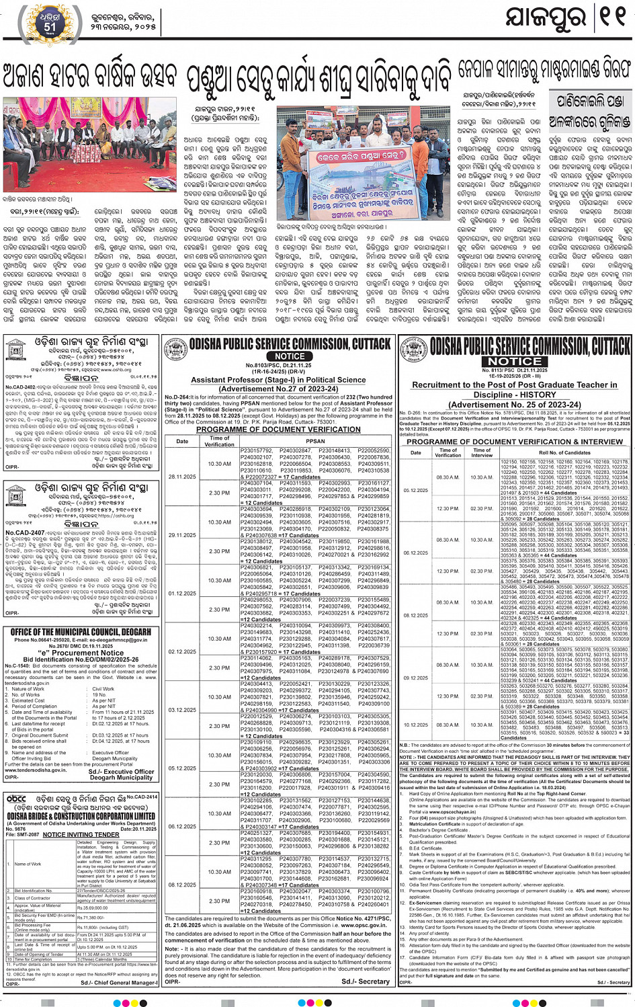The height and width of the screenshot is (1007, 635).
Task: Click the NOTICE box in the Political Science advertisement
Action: pos(290,356)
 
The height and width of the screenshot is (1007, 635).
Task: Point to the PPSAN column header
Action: pos(314,441)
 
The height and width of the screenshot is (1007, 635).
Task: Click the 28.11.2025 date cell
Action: pos(182,477)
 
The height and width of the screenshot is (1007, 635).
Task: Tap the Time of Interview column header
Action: pos(482,452)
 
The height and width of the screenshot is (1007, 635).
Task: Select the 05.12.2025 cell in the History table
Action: pos(416,490)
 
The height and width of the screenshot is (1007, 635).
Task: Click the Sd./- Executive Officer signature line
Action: pos(121,772)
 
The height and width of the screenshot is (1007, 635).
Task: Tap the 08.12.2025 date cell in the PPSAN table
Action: pos(182,885)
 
